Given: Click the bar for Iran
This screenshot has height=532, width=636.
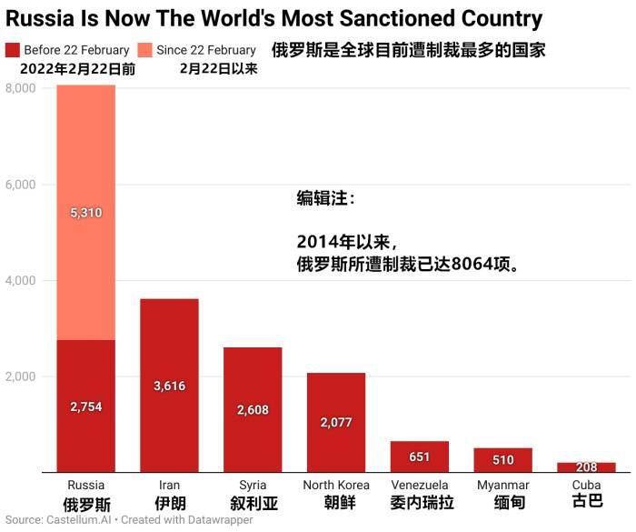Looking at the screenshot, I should click(x=169, y=386).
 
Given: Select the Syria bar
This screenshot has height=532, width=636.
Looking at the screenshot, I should click(x=253, y=409).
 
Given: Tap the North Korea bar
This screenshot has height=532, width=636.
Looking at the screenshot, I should click(x=335, y=422).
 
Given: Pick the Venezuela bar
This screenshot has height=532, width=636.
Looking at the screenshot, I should click(x=419, y=457).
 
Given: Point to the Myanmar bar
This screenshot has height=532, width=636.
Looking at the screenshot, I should click(x=502, y=460).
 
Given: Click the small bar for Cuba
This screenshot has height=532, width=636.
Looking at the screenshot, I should click(x=586, y=467).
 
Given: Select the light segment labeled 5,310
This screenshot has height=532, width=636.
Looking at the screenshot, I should click(x=85, y=213).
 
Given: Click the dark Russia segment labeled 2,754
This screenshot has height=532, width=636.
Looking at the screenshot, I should click(x=85, y=407).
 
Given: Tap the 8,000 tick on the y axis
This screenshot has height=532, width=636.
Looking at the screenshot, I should click(x=20, y=88).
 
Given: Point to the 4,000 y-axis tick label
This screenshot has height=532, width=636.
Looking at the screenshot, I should click(x=20, y=281).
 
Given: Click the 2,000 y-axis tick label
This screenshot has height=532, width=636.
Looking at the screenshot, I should click(x=20, y=376).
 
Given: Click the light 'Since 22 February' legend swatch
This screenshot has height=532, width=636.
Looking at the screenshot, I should click(x=145, y=50).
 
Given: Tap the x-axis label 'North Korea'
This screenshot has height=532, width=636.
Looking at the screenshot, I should click(x=335, y=486).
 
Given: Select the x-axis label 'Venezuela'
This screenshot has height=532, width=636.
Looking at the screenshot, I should click(x=419, y=486).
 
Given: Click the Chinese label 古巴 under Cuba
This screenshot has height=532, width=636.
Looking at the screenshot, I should click(x=586, y=501).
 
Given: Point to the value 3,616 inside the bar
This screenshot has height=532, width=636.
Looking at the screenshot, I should click(x=169, y=386).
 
